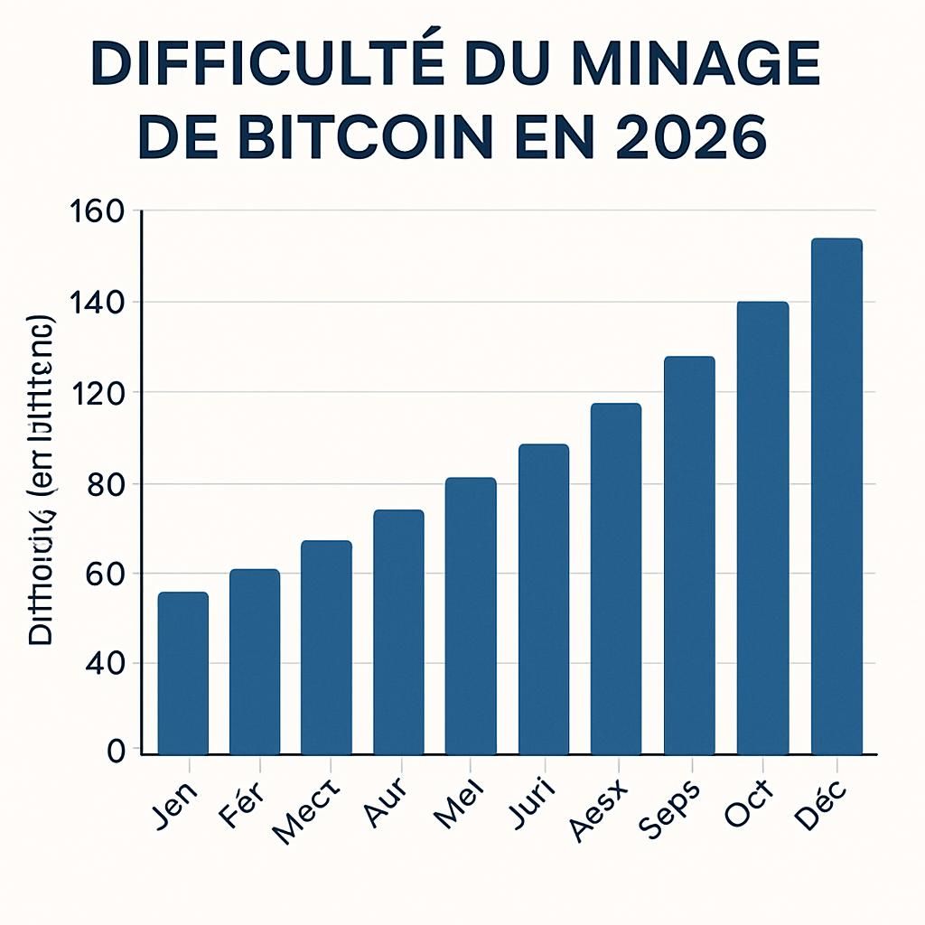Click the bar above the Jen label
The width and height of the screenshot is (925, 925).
[x=182, y=673]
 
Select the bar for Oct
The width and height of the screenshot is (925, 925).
[x=762, y=528]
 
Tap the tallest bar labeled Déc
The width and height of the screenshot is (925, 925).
[x=836, y=496]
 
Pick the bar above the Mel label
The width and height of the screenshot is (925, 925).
[x=471, y=615]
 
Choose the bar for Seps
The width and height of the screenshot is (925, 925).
[x=689, y=555]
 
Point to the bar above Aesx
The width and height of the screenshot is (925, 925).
[x=616, y=578]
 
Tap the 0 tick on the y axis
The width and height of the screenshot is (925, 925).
[x=116, y=752]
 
